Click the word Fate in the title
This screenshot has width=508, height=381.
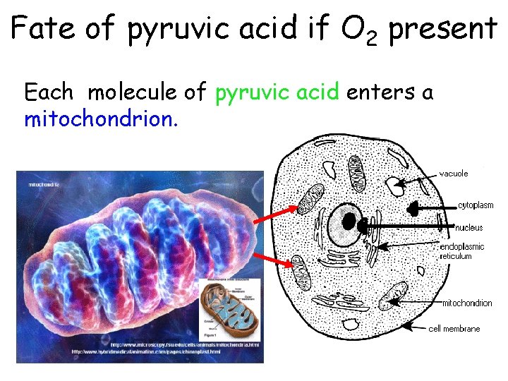point(43,29)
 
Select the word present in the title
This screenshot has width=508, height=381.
point(443,30)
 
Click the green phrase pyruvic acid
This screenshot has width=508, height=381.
point(277,92)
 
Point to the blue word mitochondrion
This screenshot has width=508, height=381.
point(99,119)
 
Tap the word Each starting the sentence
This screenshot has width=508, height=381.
point(49,92)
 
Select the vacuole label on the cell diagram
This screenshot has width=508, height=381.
point(454,173)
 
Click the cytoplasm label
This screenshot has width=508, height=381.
point(476,205)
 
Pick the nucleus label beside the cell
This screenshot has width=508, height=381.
point(470,227)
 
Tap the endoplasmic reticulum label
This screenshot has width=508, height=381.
point(462,252)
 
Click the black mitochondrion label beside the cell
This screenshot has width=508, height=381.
point(466,303)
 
